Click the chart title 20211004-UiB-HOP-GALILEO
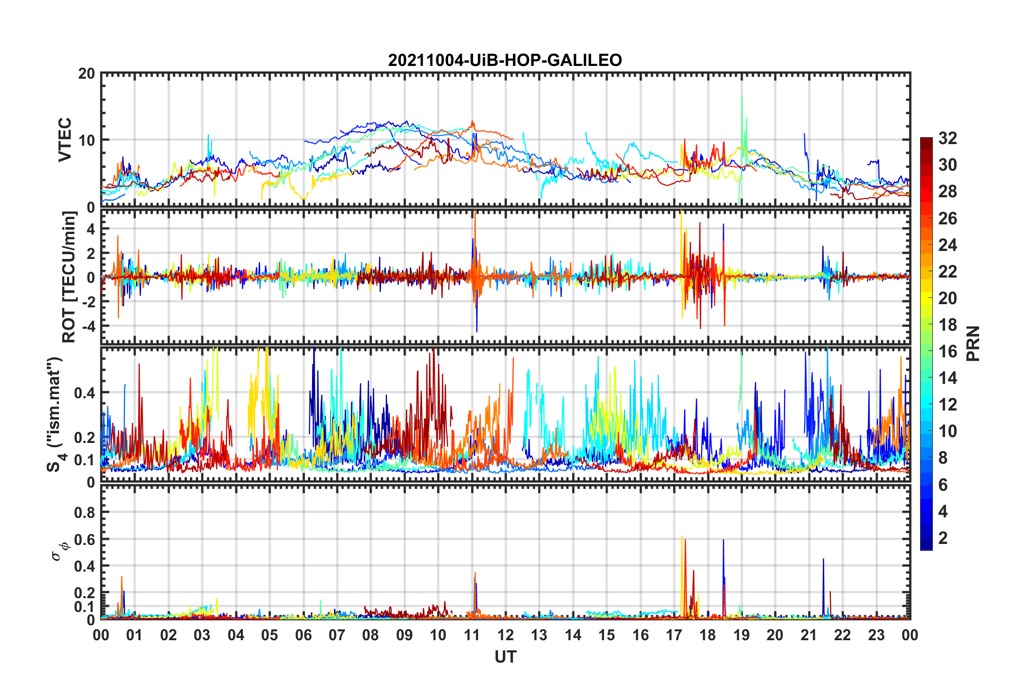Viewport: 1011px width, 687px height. click(x=505, y=60)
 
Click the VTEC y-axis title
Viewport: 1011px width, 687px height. click(x=65, y=140)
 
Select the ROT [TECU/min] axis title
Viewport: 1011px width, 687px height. click(x=69, y=277)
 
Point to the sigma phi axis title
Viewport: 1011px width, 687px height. click(x=59, y=551)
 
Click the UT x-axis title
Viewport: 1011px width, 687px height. click(x=505, y=657)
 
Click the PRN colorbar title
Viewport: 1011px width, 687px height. click(x=973, y=343)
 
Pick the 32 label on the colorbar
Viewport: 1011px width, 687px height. click(x=948, y=138)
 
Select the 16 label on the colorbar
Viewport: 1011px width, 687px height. click(x=948, y=351)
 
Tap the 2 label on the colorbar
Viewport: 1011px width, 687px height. click(x=943, y=538)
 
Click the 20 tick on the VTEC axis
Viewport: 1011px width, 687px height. click(x=87, y=73)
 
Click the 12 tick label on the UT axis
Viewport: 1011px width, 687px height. click(x=505, y=635)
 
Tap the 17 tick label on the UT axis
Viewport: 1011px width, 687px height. click(x=674, y=635)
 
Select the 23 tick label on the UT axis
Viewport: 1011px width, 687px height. click(x=876, y=635)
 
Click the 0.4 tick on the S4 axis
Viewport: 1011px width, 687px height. click(x=85, y=393)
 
